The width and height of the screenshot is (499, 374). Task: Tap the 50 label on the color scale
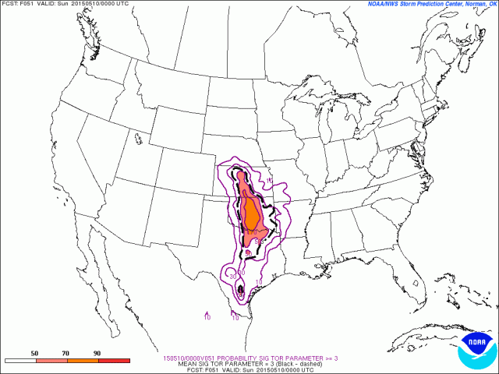click(x=35, y=354)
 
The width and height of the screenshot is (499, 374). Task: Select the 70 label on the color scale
click(x=66, y=354)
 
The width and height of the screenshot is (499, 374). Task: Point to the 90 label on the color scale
click(x=97, y=354)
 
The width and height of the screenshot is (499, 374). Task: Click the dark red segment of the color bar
click(x=113, y=361)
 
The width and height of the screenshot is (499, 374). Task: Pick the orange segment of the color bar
click(x=82, y=361)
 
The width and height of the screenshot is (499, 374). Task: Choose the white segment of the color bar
click(x=19, y=361)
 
